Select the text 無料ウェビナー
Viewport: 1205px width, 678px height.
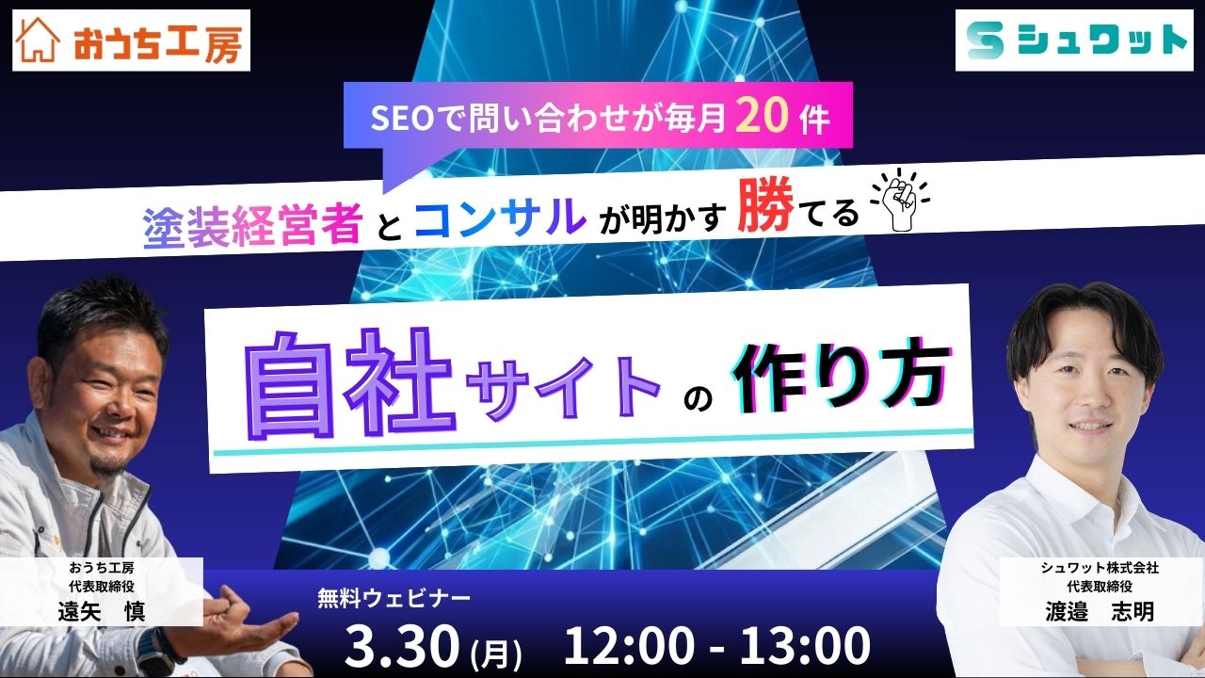click(394, 597)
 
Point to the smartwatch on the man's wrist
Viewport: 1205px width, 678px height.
click(151, 646)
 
